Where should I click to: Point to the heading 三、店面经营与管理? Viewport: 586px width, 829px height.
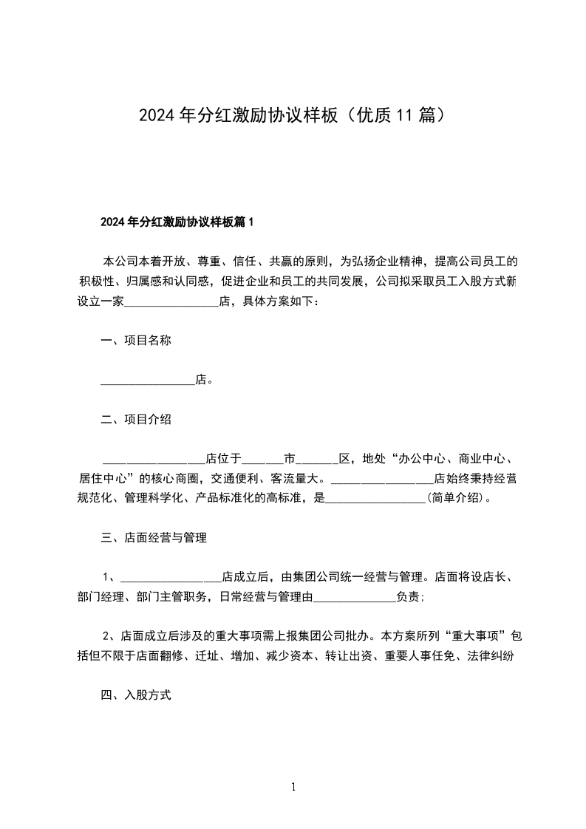click(x=153, y=538)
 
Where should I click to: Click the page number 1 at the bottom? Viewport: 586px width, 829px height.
click(x=293, y=787)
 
